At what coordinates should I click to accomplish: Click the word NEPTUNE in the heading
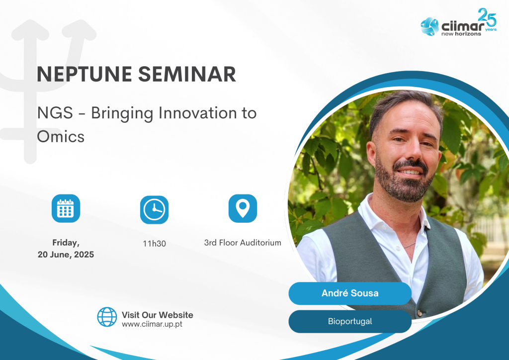click(85, 74)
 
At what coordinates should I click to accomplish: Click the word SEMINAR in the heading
click(187, 74)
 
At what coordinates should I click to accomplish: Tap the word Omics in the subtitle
click(61, 136)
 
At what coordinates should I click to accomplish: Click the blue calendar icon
click(66, 208)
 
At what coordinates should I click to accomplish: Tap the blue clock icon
click(154, 210)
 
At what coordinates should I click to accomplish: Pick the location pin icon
click(243, 208)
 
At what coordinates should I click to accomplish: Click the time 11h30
click(154, 244)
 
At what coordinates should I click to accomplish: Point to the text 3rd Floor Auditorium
click(243, 243)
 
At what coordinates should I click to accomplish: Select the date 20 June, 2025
click(66, 255)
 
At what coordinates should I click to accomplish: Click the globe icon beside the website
click(107, 317)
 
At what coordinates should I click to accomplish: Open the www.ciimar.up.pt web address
click(152, 324)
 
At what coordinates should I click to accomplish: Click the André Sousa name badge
click(350, 293)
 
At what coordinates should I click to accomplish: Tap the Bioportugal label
click(350, 321)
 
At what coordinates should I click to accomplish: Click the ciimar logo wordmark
click(463, 26)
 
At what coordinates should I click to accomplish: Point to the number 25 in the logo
click(487, 17)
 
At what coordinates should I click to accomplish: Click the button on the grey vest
click(420, 313)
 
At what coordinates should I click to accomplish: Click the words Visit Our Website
click(158, 315)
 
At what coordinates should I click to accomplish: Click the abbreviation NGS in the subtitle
click(55, 113)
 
